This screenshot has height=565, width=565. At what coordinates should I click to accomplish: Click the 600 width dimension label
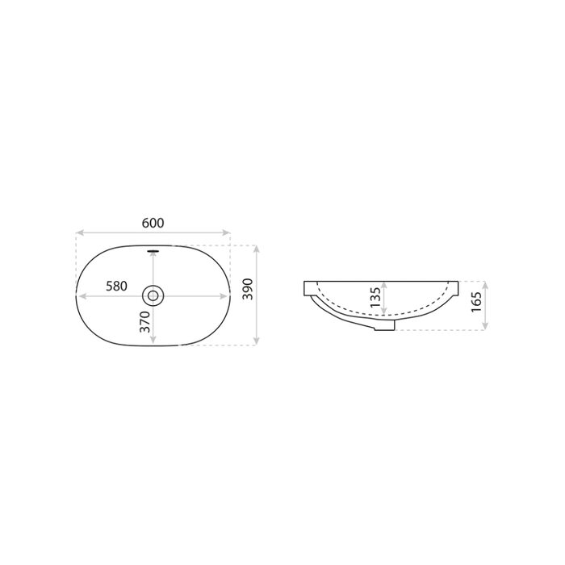pos(153,223)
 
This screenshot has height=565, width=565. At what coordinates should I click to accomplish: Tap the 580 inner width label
pos(116,286)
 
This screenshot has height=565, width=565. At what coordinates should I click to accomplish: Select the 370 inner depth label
pos(144,322)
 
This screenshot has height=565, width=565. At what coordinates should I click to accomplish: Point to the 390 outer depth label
pos(248,289)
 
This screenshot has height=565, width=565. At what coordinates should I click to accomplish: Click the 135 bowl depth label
pos(375,297)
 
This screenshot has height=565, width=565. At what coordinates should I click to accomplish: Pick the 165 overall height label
pos(476,302)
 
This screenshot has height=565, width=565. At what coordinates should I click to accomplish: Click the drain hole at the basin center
pos(153,296)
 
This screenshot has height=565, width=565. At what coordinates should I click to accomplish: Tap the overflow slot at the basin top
pos(153,250)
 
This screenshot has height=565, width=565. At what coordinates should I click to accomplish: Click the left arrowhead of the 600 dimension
pos(80,232)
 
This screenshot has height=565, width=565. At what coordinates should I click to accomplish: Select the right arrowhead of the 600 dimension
pos(226,232)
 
